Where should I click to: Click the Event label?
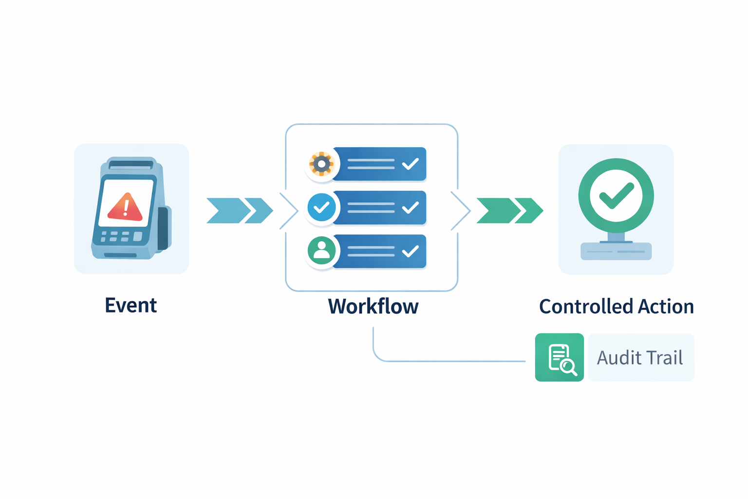(x=131, y=306)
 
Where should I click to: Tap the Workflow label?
(x=373, y=307)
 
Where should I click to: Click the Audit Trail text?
(x=640, y=358)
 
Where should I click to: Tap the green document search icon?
(x=560, y=357)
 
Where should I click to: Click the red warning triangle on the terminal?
(x=125, y=207)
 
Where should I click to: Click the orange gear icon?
(x=321, y=164)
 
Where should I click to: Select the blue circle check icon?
(x=321, y=208)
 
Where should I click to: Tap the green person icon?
(x=321, y=250)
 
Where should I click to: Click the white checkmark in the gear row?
(x=411, y=164)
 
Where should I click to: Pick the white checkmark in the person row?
(x=411, y=251)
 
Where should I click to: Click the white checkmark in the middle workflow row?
(x=411, y=208)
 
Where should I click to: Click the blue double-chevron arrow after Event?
(x=239, y=211)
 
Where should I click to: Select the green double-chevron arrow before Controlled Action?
(x=509, y=211)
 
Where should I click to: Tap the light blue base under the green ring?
(x=616, y=251)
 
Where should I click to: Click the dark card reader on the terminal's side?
(x=163, y=228)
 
